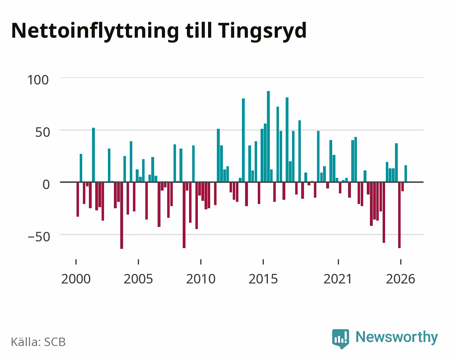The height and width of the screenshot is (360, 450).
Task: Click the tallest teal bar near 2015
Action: coord(268,137)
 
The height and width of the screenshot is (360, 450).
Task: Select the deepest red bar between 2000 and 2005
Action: coord(122,216)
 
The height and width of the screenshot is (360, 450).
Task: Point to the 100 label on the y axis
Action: coord(38,80)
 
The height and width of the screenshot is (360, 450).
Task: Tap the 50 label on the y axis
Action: coord(43,132)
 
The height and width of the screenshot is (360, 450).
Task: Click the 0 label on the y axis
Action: coord(46,185)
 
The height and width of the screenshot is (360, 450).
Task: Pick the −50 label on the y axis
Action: coord(39,237)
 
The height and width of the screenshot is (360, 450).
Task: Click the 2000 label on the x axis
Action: coord(76,279)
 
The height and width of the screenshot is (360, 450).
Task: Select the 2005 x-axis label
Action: coord(138,279)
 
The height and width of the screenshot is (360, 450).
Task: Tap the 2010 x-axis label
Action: coord(201,279)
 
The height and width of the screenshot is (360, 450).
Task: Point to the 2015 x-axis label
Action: coord(263,279)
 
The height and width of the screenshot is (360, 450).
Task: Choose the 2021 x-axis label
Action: coord(338,279)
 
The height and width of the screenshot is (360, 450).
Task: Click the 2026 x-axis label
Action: coord(400,279)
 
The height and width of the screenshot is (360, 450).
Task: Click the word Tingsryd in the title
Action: coord(262,31)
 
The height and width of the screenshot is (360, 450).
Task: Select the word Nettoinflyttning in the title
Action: coord(95,31)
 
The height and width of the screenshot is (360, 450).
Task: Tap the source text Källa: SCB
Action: coord(38,342)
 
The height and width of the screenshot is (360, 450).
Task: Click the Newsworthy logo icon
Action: coord(340,339)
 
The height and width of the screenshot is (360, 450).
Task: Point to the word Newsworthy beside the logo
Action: coord(397,337)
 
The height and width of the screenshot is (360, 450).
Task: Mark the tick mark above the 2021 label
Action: coord(338,262)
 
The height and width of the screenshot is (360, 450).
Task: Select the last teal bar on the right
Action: coord(406,174)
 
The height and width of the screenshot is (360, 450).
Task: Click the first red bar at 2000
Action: coord(78,199)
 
